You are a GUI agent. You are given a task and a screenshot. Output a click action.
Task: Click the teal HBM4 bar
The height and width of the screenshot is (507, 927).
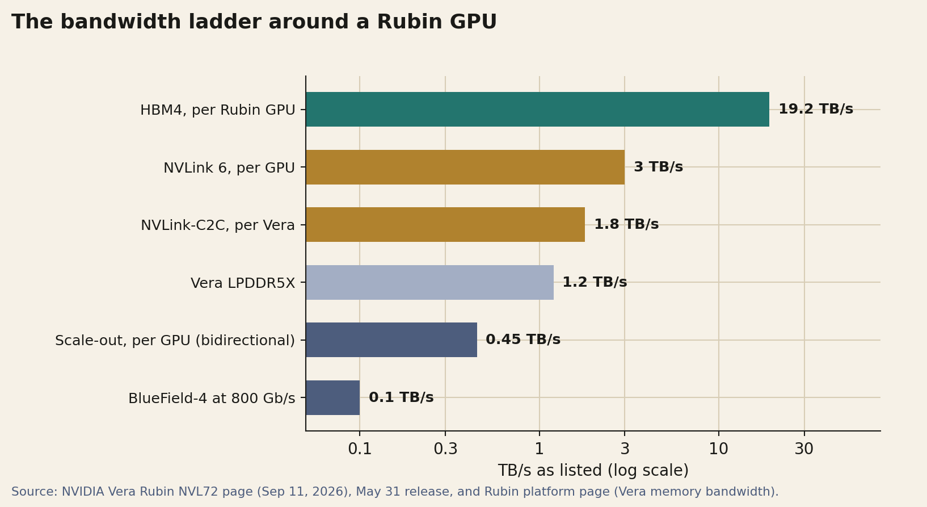[538, 110]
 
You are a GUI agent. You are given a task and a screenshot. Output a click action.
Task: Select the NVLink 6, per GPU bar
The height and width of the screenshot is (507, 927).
[465, 167]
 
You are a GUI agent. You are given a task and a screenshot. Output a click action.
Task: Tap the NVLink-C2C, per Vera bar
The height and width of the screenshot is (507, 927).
[445, 224]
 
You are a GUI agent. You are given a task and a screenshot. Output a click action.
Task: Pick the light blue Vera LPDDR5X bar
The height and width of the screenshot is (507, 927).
[430, 282]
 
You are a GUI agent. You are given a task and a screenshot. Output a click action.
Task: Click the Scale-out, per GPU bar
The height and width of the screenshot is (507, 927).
[391, 340]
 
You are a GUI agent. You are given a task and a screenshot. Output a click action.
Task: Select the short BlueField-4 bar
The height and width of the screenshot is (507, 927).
[332, 397]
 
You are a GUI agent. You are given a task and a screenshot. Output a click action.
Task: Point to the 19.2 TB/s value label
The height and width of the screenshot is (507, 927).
[816, 109]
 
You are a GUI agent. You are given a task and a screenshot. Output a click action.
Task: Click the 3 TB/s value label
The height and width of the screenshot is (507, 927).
[659, 167]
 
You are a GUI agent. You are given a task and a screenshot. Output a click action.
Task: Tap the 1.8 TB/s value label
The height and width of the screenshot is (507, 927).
[626, 224]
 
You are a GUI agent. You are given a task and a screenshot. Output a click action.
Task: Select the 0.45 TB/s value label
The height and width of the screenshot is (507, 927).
[523, 340]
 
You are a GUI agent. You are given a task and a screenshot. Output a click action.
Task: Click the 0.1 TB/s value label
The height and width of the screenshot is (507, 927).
[401, 397]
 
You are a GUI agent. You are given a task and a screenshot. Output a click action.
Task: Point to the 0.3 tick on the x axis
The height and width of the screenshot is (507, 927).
[445, 449]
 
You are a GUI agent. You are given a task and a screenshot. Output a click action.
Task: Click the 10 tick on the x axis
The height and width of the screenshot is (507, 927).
[718, 449]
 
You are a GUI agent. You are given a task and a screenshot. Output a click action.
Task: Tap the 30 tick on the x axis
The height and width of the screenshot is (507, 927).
[804, 449]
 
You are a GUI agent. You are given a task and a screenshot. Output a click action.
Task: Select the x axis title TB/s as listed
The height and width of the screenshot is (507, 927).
[593, 471]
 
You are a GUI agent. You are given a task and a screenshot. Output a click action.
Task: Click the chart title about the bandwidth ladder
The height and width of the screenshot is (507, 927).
[254, 22]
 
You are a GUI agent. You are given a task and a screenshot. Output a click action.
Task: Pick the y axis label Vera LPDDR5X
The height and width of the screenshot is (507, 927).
[243, 283]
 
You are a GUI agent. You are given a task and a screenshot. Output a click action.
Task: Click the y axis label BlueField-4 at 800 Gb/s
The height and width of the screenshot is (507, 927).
[212, 399]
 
